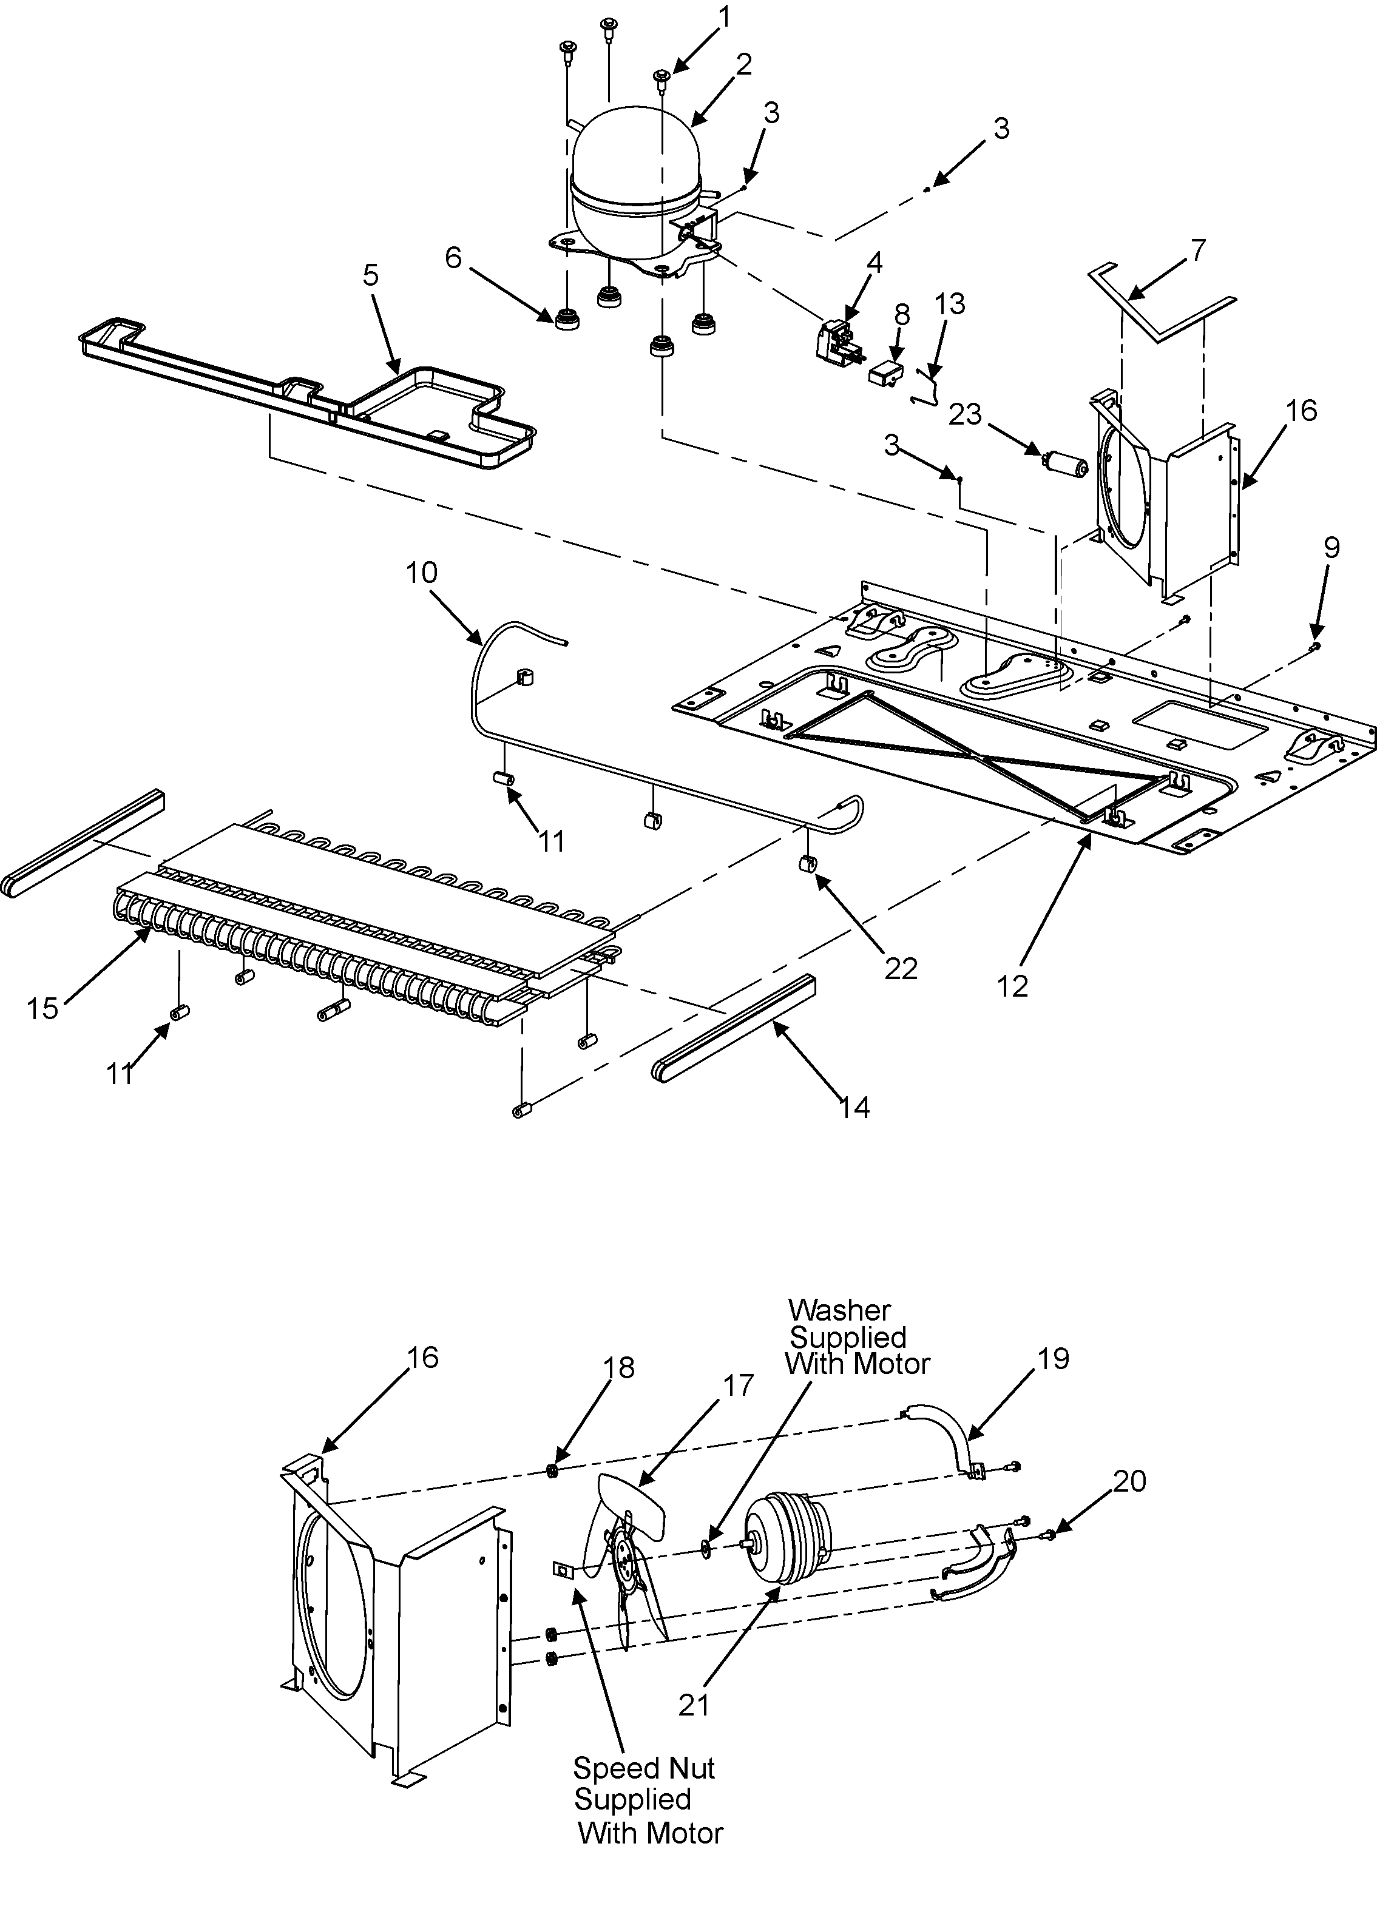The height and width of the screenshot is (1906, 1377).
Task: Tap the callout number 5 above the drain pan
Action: point(371,275)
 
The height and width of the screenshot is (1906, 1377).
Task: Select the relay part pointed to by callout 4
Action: point(835,343)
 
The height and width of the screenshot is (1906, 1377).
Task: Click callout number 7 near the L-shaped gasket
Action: point(1199,249)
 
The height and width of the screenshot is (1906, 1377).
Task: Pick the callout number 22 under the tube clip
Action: point(901,969)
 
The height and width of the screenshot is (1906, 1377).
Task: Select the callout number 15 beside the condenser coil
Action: point(42,1007)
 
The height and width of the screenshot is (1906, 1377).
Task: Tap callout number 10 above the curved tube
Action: point(421,573)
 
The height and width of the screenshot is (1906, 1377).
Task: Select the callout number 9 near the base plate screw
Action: point(1331,547)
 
